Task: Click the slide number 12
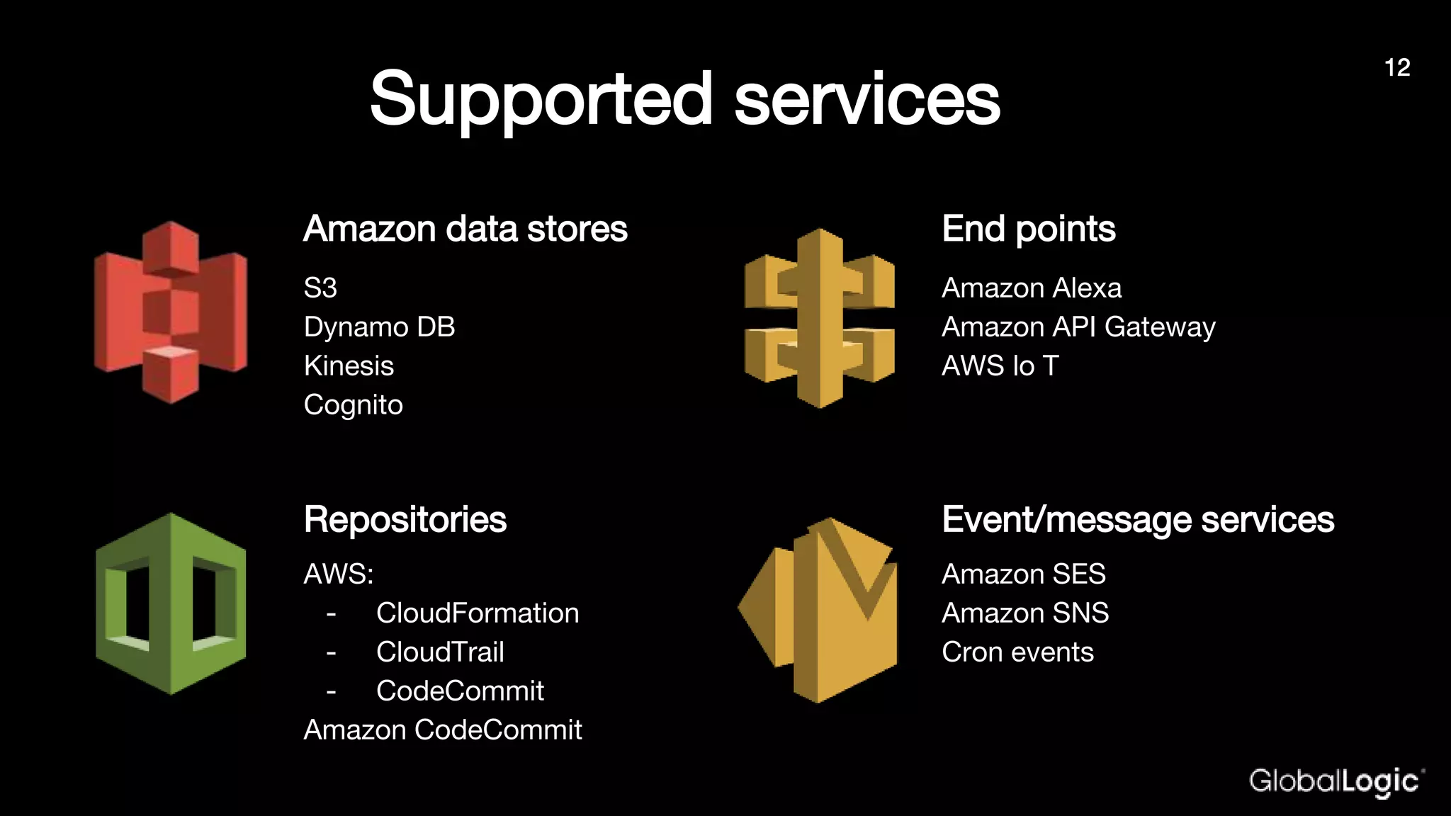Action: point(1397,68)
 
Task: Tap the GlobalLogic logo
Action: point(1336,781)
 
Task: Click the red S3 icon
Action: point(171,312)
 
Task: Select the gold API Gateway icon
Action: point(820,318)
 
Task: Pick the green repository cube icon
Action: point(171,603)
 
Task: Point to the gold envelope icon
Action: point(818,610)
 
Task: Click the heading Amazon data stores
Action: point(465,229)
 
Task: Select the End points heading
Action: point(1029,229)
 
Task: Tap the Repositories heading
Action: point(405,520)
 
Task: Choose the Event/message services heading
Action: point(1138,520)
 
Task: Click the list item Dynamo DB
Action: point(380,327)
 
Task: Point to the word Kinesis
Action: point(349,366)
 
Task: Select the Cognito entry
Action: point(354,405)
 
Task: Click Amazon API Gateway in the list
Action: point(1078,327)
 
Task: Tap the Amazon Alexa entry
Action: point(1032,288)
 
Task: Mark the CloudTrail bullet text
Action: point(440,652)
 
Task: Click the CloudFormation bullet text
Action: point(478,613)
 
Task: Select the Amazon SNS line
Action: point(1025,613)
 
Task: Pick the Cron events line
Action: point(1017,652)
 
